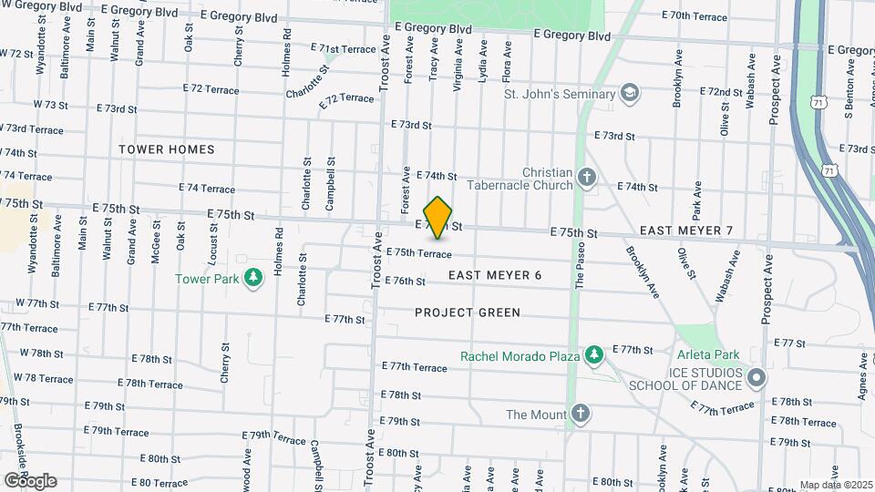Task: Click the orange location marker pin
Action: click(x=438, y=217)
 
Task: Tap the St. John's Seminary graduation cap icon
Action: click(x=629, y=93)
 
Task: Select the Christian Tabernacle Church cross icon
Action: click(x=588, y=176)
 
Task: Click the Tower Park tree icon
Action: click(x=254, y=277)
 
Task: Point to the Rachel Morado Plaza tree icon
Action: click(x=593, y=354)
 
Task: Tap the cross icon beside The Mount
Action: click(x=581, y=415)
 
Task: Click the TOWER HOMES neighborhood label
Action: click(x=167, y=149)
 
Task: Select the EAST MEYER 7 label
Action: click(x=686, y=231)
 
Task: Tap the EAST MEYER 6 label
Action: click(x=496, y=275)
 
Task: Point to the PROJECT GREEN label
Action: click(x=468, y=313)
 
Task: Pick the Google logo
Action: click(x=30, y=480)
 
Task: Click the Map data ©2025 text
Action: click(x=835, y=485)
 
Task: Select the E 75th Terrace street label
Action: click(x=419, y=253)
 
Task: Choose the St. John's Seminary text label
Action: click(x=559, y=94)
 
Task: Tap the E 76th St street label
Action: click(x=406, y=282)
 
